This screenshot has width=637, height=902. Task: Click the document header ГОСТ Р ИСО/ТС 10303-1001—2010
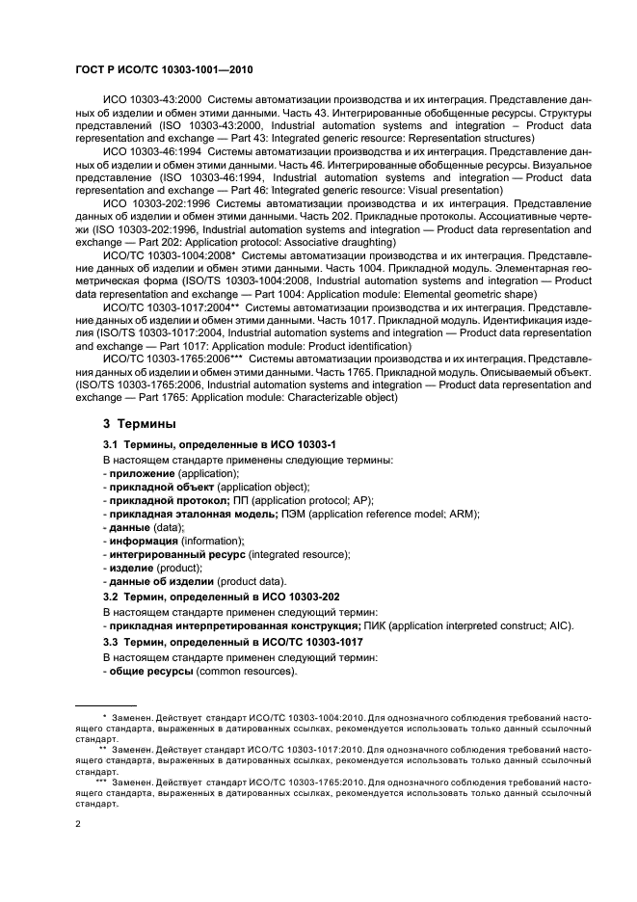pos(163,69)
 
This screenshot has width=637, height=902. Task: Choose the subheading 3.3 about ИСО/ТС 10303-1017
pos(232,641)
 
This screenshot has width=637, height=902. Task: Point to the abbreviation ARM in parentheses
pos(493,515)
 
